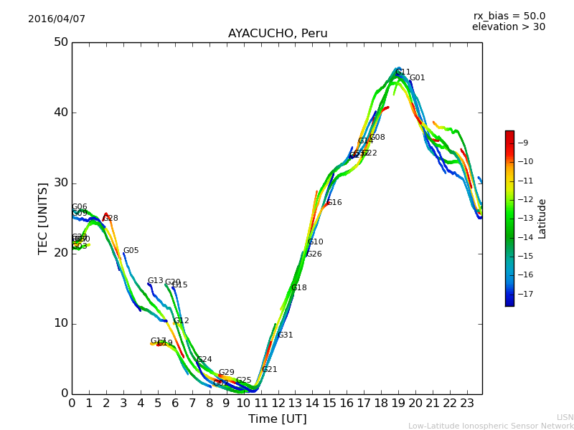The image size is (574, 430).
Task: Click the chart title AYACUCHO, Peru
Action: [278, 34]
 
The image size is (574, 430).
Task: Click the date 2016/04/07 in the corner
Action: [57, 19]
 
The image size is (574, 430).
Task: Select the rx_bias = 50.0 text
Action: [509, 16]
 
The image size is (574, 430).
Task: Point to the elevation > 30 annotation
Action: [508, 27]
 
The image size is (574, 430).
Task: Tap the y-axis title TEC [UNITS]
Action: [44, 218]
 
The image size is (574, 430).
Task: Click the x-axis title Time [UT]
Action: [277, 419]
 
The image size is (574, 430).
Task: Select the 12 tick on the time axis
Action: [278, 403]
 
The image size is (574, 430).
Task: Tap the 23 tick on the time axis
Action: [467, 403]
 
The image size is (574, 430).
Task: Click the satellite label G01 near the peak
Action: [417, 78]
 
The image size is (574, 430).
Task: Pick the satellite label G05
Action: [131, 251]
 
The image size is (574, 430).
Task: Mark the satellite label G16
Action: [334, 203]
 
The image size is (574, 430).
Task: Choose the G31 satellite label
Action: [286, 335]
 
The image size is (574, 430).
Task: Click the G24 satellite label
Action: [204, 360]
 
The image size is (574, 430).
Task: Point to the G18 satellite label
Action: [299, 288]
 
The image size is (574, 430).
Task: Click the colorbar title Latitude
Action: [542, 219]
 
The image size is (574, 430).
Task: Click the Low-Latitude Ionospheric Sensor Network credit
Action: [491, 426]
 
